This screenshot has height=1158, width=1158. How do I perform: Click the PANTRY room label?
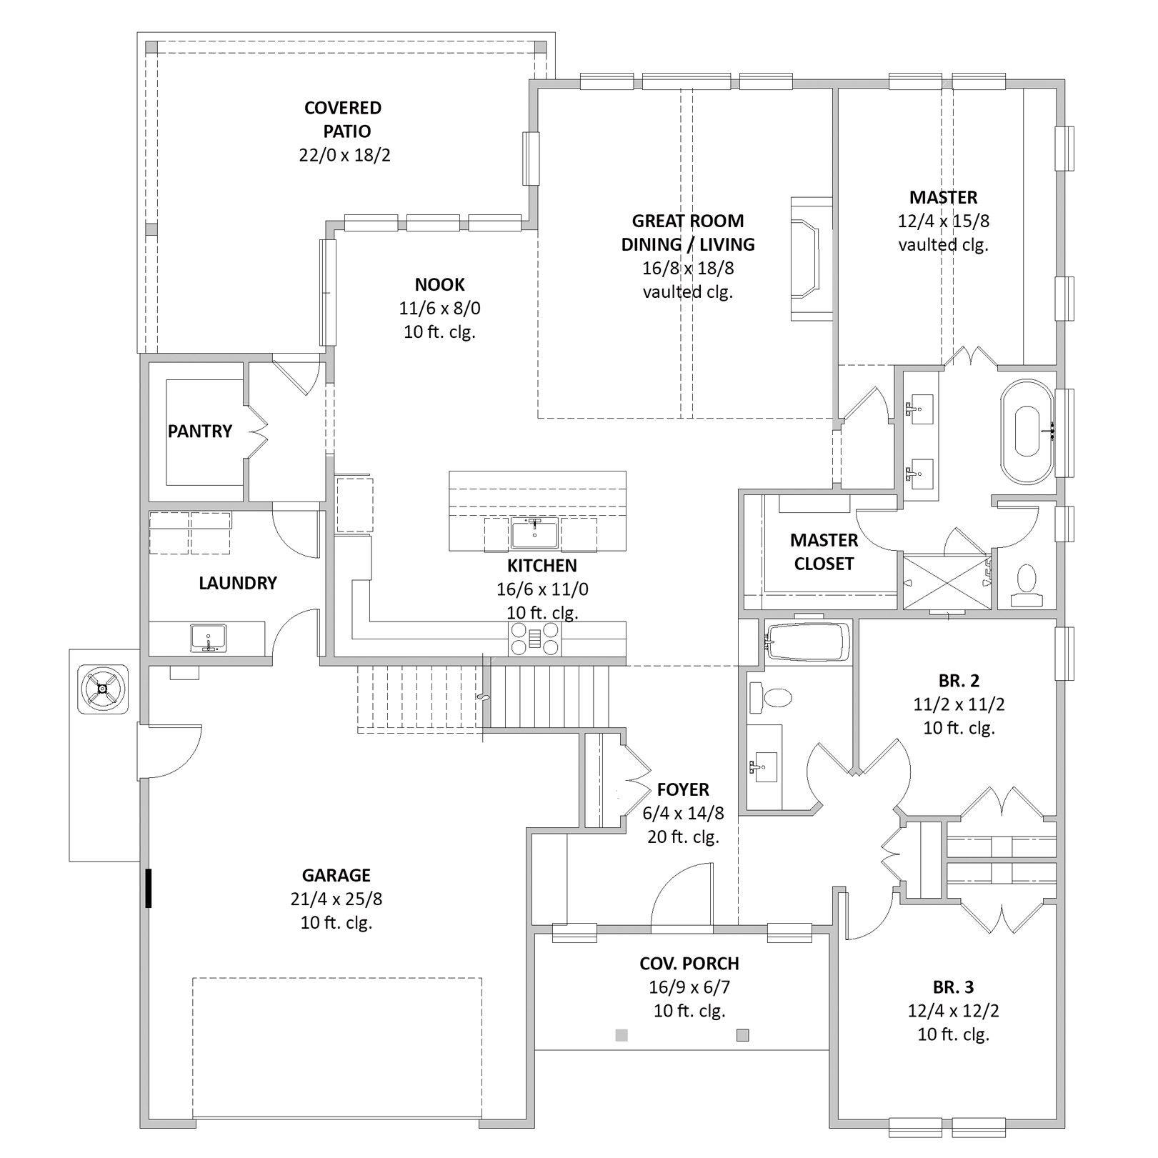point(200,431)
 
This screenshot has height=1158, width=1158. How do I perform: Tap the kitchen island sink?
point(534,534)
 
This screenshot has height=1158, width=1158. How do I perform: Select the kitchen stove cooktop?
point(534,639)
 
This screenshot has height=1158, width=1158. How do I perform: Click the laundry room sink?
point(208,637)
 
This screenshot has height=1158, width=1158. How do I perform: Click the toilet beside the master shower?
point(1027,586)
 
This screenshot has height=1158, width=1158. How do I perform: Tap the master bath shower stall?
point(947,582)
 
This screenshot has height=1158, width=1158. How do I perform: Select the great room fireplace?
point(811,259)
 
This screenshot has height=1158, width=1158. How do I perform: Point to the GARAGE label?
point(336,875)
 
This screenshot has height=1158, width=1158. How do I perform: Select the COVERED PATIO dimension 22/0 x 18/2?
point(345,155)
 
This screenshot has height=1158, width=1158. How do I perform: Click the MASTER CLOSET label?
point(824,552)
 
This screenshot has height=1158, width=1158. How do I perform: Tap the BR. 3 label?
point(953,987)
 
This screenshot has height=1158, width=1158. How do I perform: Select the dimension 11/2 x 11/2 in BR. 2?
point(959,704)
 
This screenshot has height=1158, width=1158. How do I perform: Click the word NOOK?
point(440,285)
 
